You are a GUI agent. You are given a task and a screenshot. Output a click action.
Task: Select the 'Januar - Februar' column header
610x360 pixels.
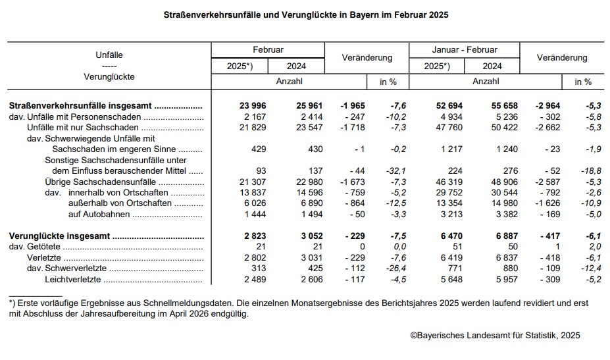click(x=465, y=50)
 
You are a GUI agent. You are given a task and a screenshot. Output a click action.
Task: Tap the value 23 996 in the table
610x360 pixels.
click(x=252, y=106)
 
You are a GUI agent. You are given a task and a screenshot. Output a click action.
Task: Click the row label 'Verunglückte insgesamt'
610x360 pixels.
click(x=59, y=236)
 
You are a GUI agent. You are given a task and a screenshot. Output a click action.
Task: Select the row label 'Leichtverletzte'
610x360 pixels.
click(x=72, y=280)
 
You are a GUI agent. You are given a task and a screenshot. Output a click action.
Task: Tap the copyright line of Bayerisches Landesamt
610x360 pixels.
click(x=495, y=336)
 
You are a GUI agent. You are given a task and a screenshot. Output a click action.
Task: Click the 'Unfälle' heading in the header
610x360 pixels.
click(x=109, y=55)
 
